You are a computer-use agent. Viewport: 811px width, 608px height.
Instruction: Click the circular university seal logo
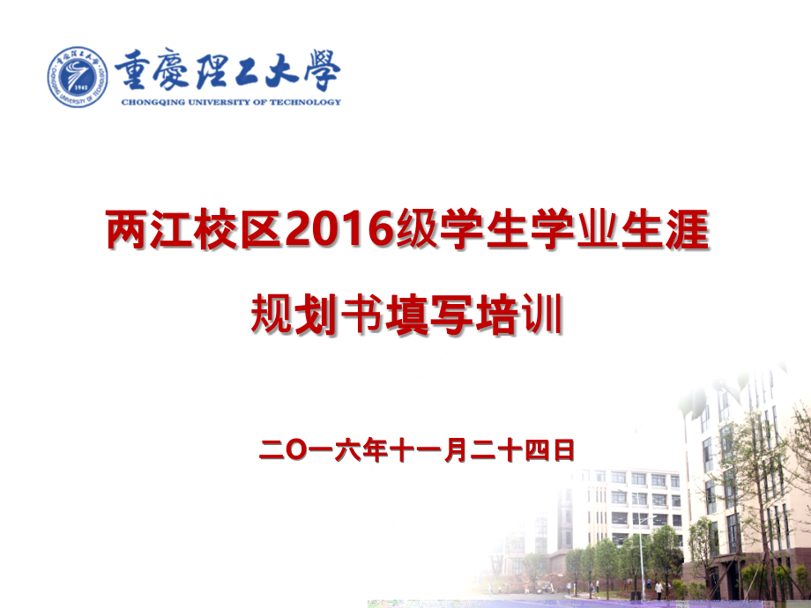78,78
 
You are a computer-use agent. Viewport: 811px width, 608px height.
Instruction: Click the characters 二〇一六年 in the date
324,452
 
